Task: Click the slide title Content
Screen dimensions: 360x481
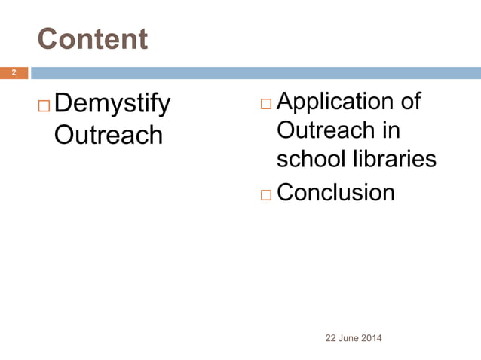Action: pos(93,39)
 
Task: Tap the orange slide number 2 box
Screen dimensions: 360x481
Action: pos(14,73)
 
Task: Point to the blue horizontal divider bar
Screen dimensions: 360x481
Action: pos(255,73)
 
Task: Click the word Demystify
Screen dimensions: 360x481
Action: pos(112,104)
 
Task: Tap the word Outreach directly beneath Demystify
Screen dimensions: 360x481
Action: pos(109,135)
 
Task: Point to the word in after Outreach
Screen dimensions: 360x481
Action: pos(390,130)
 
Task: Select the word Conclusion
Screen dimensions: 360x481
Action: pos(336,193)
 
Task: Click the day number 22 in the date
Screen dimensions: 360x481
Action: pos(330,338)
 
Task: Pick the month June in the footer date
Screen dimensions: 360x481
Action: pos(348,338)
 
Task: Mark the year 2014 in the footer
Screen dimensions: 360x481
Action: pos(372,338)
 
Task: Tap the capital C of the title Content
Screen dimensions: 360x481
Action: pos(47,39)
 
